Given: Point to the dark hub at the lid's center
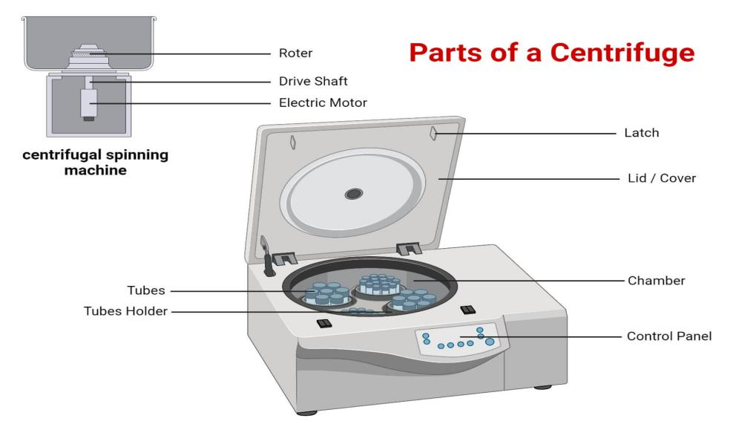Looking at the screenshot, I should point(354,194).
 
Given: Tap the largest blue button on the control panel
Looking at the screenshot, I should point(490,342).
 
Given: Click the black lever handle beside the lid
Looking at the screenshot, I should point(268,261).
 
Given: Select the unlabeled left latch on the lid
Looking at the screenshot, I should point(294,142).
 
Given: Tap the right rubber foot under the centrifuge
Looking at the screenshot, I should point(545,387).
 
